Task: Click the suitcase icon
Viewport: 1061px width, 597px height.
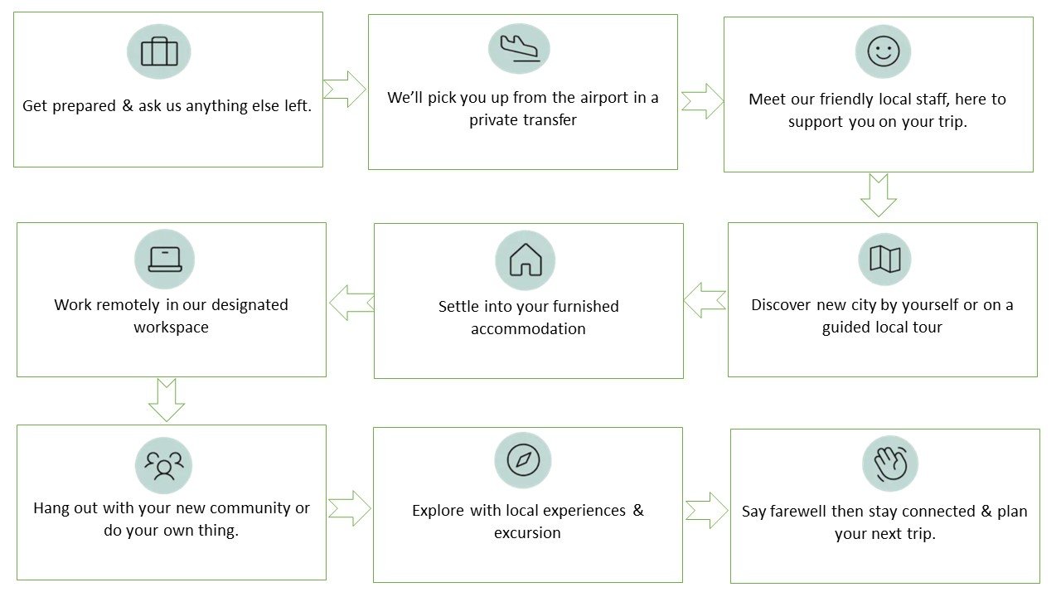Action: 159,51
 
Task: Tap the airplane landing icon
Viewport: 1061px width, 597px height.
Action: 519,48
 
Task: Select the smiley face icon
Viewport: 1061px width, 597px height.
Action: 883,51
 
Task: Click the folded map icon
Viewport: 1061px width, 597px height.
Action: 884,260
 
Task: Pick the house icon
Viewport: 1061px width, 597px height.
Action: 525,260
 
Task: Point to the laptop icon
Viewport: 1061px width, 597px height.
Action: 164,259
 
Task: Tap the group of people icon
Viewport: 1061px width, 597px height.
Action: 163,465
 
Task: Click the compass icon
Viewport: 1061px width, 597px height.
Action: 523,459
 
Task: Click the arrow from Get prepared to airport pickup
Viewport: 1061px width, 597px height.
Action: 345,89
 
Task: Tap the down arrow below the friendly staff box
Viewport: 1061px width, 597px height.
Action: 879,195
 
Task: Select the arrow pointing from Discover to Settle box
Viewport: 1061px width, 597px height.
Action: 705,300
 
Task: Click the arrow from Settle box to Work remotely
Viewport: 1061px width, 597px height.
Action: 351,303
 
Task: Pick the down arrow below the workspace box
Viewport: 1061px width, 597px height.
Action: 167,400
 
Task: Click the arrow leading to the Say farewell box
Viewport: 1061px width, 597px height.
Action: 706,510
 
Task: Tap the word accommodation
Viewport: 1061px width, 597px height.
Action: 528,329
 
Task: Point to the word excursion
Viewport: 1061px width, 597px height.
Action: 527,533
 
